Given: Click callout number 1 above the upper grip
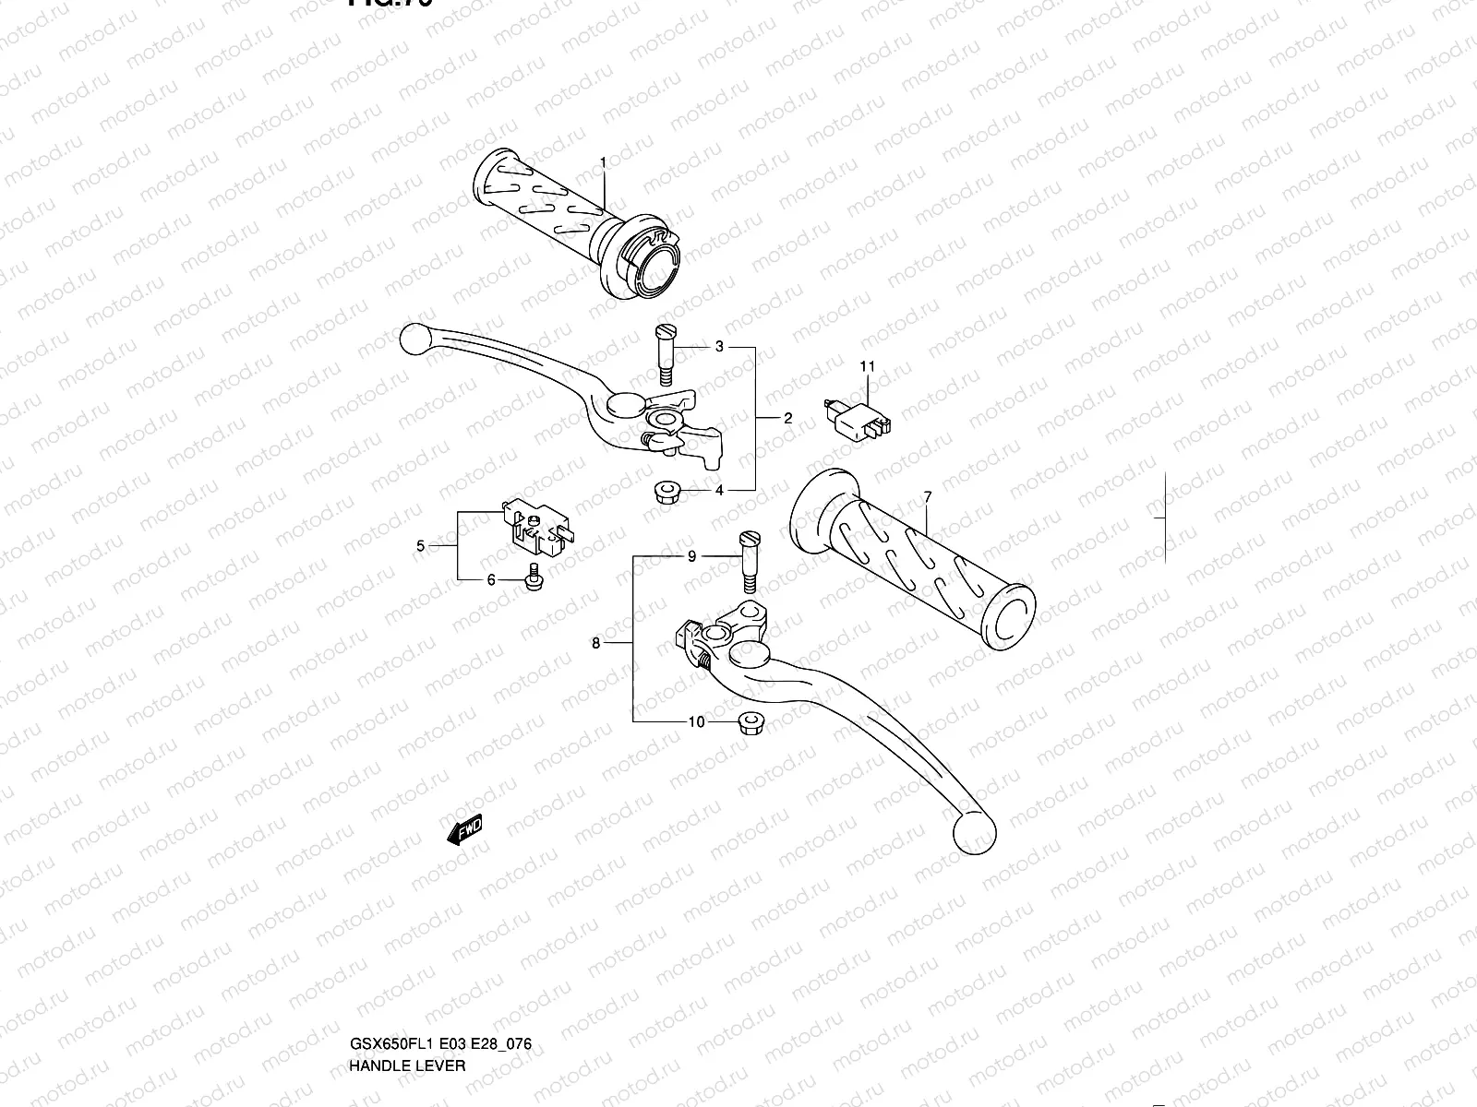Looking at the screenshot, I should pos(603,162).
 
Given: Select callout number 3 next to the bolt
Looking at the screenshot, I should pos(719,347).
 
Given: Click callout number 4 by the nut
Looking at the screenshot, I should pos(719,490).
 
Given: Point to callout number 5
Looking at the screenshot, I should pos(421,546).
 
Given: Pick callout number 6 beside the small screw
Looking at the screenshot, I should pos(491,579).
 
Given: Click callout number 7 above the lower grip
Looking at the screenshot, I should pos(927,497).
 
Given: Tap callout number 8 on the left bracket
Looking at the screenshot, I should pos(596,643).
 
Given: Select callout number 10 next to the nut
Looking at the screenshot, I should pos(696,721).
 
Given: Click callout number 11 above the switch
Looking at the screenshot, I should pos(868,366).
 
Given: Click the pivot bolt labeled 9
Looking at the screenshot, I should pos(748,564).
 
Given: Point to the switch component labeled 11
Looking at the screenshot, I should pos(857,415).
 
